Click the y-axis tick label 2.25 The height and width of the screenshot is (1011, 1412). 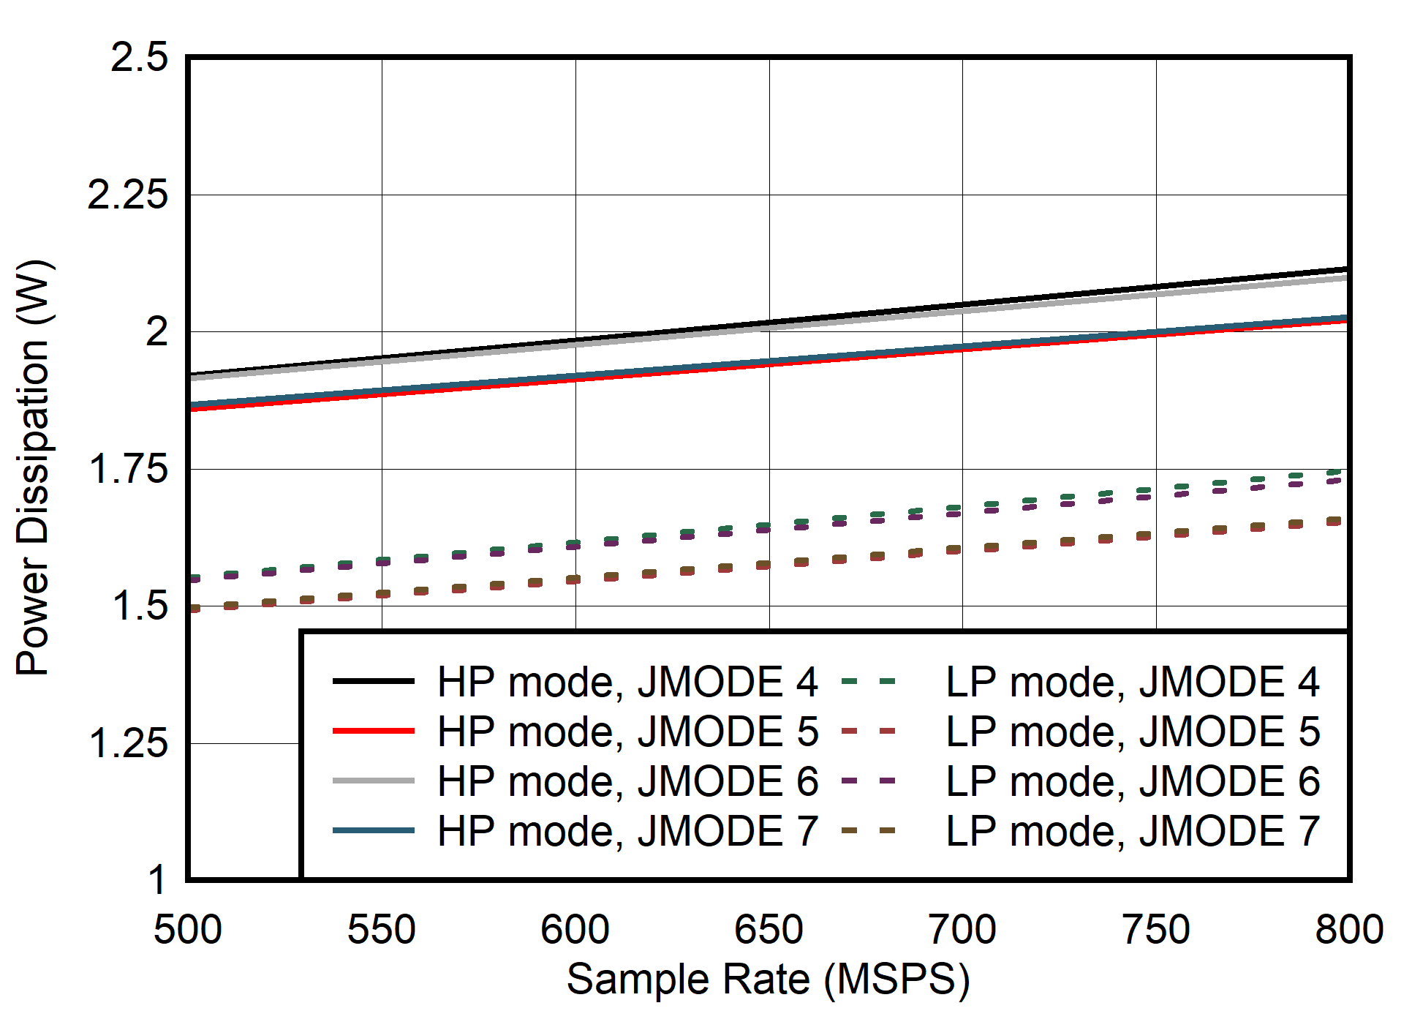pyautogui.click(x=127, y=195)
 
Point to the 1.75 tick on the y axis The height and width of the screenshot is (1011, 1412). pyautogui.click(x=127, y=469)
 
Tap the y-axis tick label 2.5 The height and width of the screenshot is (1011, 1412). pyautogui.click(x=139, y=57)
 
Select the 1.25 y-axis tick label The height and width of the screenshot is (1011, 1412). pyautogui.click(x=127, y=743)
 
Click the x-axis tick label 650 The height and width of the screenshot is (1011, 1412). pyautogui.click(x=769, y=930)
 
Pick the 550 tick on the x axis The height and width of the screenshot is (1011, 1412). pyautogui.click(x=381, y=930)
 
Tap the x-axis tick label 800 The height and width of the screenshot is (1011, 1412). pyautogui.click(x=1348, y=930)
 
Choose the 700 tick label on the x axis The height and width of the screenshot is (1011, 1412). pyautogui.click(x=962, y=930)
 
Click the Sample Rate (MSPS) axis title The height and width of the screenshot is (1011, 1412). pyautogui.click(x=768, y=979)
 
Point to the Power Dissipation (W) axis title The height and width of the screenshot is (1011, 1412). pyautogui.click(x=34, y=468)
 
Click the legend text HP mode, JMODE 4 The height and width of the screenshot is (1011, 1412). pyautogui.click(x=627, y=682)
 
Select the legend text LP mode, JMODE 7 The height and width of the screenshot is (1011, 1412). pyautogui.click(x=1132, y=831)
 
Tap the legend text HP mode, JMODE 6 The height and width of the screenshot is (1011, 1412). pyautogui.click(x=627, y=781)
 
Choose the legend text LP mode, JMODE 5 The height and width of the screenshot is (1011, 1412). pyautogui.click(x=1132, y=732)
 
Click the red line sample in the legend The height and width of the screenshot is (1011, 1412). pyautogui.click(x=373, y=731)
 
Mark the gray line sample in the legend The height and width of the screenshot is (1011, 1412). pyautogui.click(x=373, y=781)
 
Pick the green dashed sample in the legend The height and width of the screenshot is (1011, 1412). pyautogui.click(x=868, y=681)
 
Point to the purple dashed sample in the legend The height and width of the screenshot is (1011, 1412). pyautogui.click(x=868, y=781)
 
